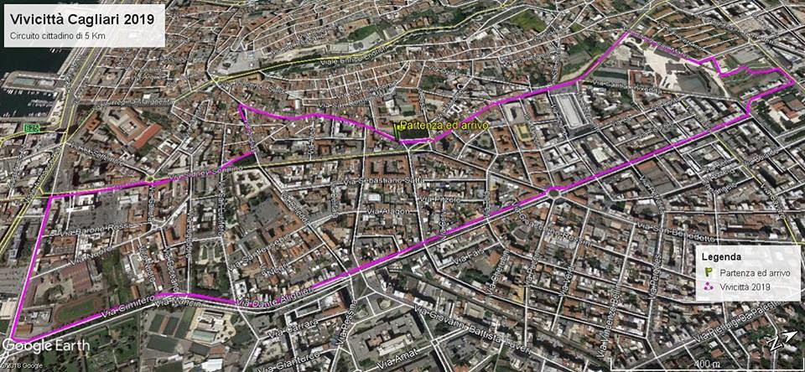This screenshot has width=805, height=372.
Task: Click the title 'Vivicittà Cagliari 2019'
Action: (x=80, y=17)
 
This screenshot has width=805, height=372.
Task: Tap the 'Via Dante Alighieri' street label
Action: (x=274, y=297)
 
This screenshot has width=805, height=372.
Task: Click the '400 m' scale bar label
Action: (x=708, y=363)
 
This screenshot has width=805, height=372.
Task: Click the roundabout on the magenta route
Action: (x=553, y=192)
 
